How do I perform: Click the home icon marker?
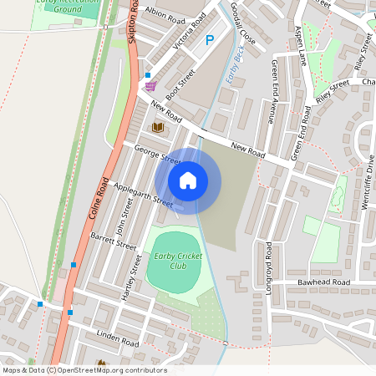point(188,180)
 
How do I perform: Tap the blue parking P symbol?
point(209,39)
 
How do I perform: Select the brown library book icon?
point(157,126)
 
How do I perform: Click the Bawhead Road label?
point(323,283)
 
